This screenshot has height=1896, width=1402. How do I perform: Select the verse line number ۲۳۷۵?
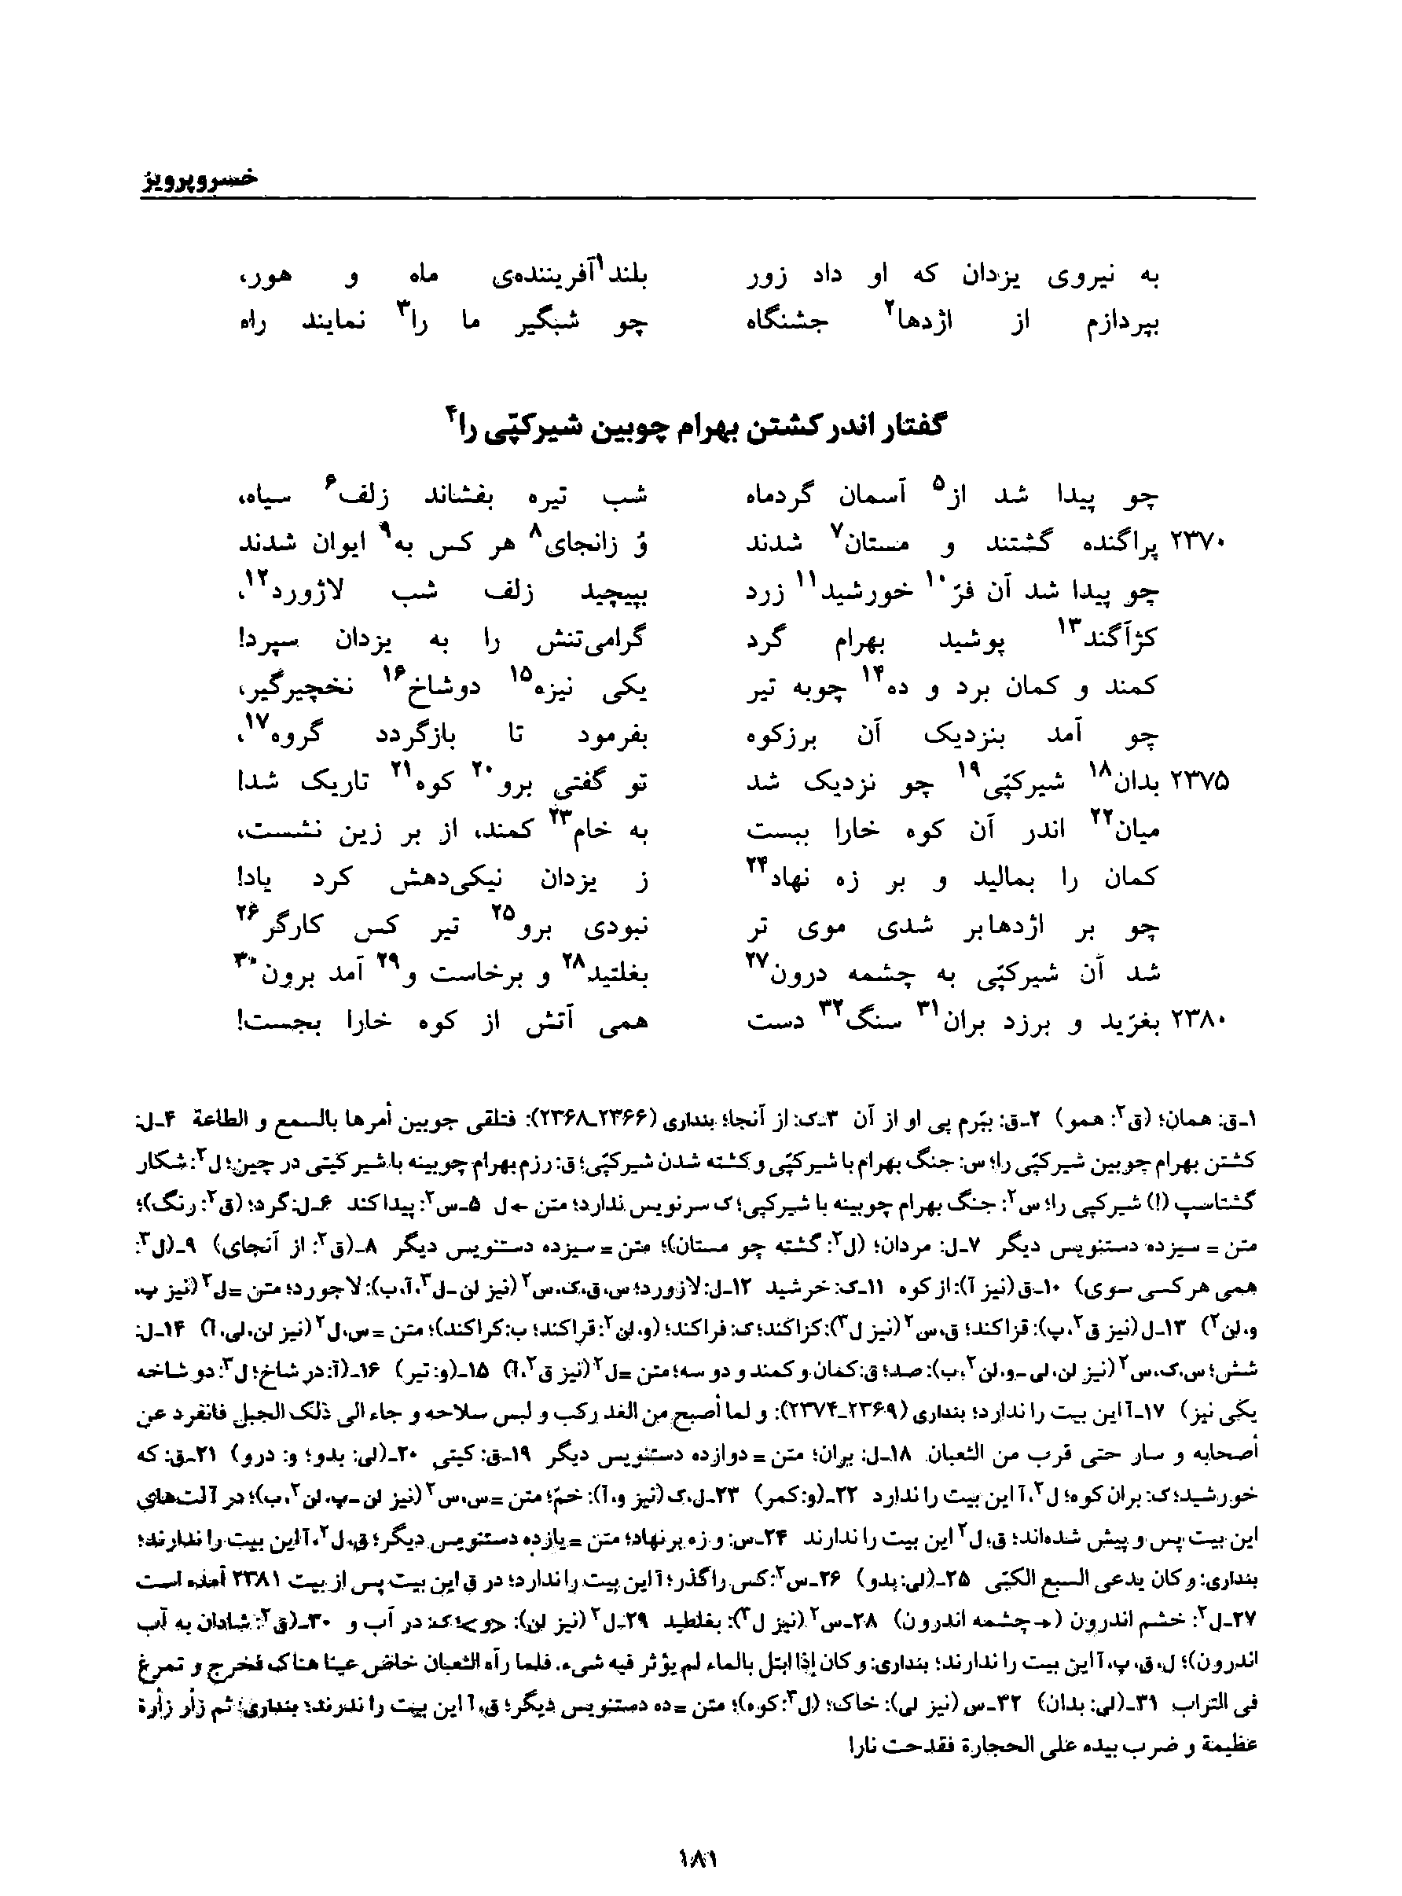(1199, 784)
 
